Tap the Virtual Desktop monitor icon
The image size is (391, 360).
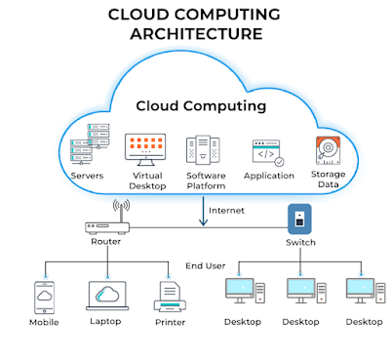145,148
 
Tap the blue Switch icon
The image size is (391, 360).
300,217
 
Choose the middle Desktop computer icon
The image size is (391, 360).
300,292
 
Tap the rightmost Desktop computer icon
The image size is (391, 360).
361,292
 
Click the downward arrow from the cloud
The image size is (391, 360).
203,211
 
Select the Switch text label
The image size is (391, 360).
300,241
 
